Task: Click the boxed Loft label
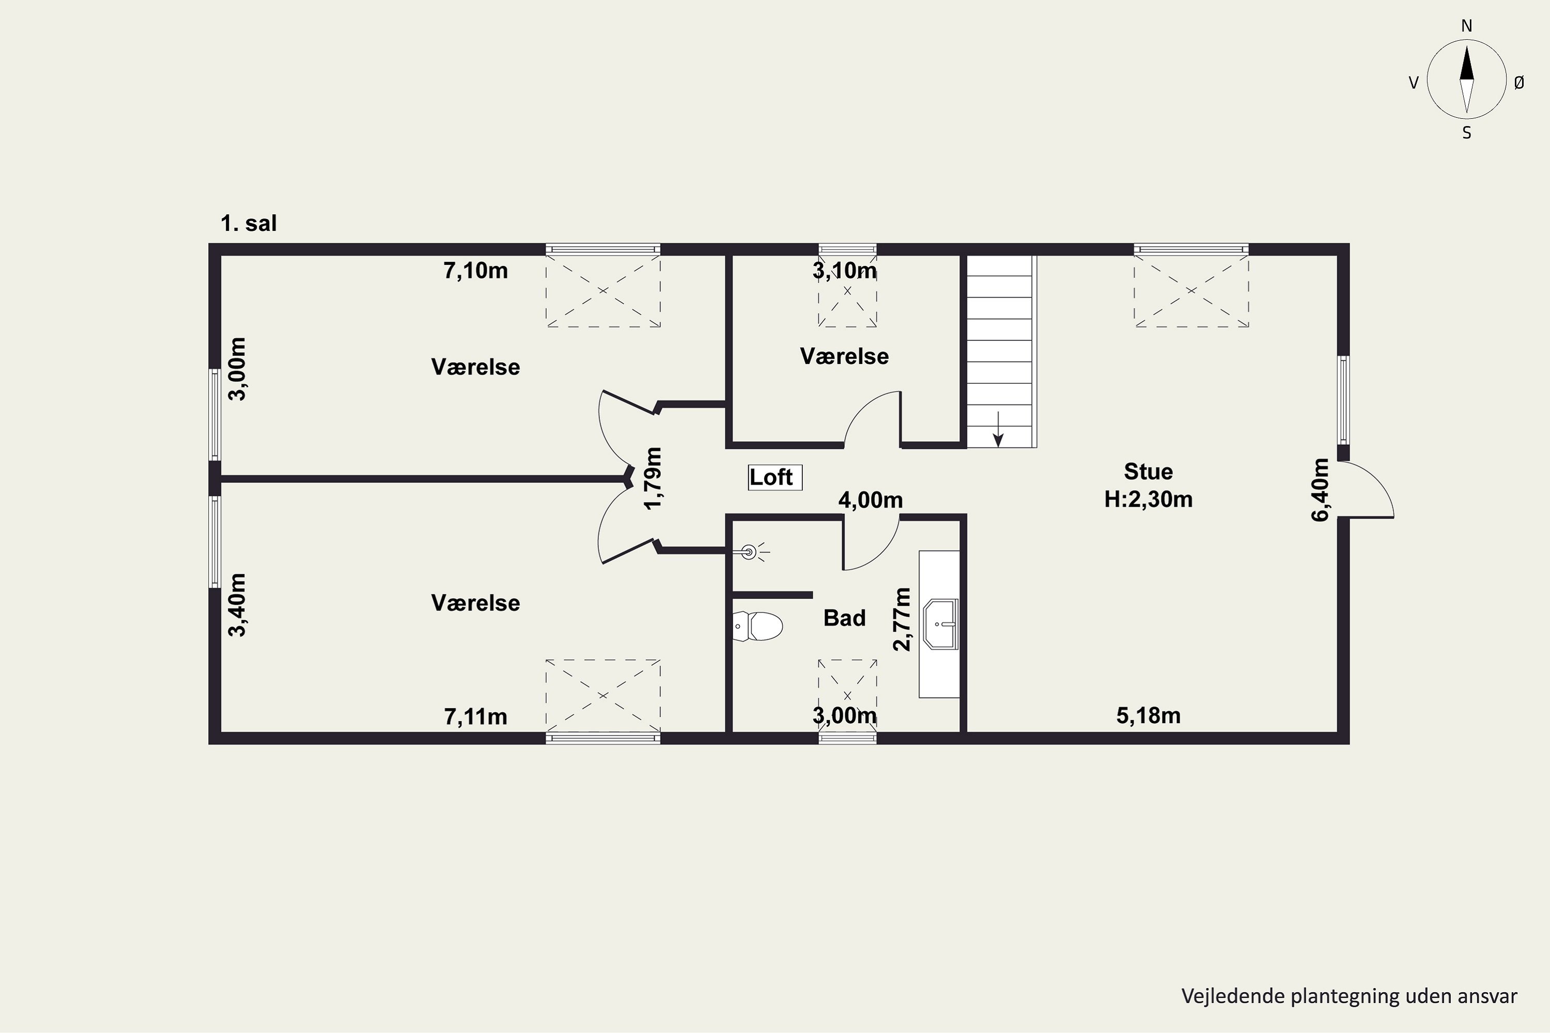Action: click(x=775, y=477)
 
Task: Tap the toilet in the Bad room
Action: click(x=757, y=626)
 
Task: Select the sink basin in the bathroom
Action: click(x=940, y=624)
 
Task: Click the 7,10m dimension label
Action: click(x=475, y=271)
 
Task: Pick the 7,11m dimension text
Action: click(x=475, y=716)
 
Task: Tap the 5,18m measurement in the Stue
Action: click(x=1148, y=715)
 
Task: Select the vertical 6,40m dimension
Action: click(x=1320, y=490)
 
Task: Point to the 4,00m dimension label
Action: click(x=870, y=500)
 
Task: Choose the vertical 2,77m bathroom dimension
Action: click(x=901, y=619)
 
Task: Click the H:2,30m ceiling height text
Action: click(x=1148, y=499)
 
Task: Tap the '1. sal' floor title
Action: click(x=249, y=223)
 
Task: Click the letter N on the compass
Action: click(x=1466, y=26)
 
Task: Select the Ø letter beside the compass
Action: click(x=1519, y=82)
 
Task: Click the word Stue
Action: click(x=1148, y=472)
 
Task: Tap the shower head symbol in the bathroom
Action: click(x=751, y=552)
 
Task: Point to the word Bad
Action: click(x=844, y=618)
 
